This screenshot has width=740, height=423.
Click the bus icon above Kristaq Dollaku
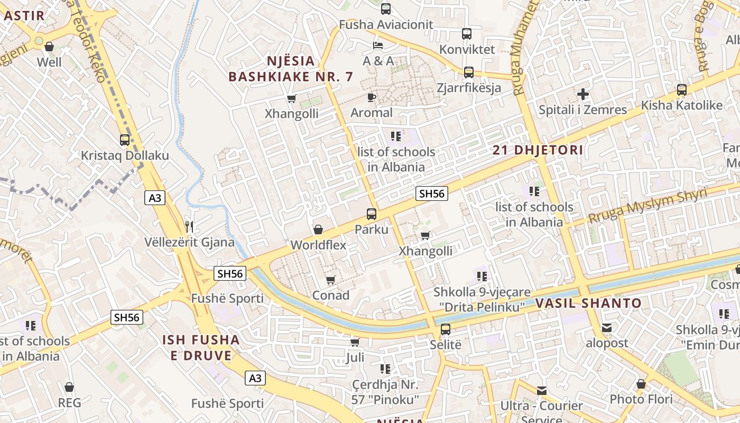125,140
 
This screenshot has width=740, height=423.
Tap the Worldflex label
318,245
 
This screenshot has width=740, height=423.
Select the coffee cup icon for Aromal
372,97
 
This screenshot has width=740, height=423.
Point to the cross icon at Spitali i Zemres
583,95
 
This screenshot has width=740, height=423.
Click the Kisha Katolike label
681,105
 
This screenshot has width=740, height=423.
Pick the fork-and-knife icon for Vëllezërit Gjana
189,227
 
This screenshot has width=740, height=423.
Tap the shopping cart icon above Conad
330,280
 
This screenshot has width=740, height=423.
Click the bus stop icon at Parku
372,214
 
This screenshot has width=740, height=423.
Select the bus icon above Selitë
446,329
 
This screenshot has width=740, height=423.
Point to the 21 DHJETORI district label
538,150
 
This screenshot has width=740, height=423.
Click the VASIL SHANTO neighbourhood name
588,304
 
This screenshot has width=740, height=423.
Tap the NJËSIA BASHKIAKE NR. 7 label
290,69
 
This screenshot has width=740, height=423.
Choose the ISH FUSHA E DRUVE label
201,347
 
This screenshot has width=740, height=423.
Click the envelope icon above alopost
607,328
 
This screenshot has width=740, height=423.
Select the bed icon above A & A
378,45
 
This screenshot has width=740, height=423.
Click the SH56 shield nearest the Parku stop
431,194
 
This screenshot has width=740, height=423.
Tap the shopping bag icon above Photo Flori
641,384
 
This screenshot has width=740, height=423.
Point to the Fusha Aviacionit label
386,24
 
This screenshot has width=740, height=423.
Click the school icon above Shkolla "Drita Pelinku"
482,276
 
